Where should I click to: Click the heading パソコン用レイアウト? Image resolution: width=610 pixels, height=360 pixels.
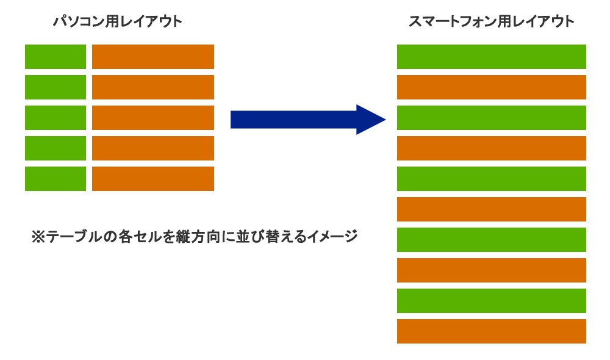(118, 22)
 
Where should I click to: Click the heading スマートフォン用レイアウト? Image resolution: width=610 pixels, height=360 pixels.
(492, 22)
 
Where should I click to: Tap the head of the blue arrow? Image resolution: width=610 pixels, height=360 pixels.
(370, 120)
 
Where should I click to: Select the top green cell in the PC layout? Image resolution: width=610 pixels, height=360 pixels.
(56, 57)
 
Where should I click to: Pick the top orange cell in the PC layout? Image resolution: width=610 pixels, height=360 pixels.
(153, 57)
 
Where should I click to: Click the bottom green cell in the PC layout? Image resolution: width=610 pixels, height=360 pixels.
(56, 179)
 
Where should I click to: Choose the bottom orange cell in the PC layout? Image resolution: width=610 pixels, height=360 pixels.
(153, 179)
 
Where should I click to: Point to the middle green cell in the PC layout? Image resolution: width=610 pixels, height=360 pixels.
(56, 118)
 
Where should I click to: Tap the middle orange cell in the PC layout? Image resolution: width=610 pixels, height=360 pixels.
(153, 118)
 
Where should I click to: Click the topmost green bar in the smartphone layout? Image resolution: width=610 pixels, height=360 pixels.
(492, 57)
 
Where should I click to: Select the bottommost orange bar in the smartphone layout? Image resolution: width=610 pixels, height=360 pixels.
(492, 331)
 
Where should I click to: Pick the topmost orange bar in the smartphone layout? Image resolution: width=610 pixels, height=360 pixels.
(492, 87)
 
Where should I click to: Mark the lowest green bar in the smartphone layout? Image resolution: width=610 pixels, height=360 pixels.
(492, 301)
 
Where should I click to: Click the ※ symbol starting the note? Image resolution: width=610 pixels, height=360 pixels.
(38, 237)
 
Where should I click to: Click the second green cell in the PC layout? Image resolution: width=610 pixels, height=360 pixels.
(56, 87)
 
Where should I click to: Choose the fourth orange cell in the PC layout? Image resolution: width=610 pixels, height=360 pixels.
(153, 148)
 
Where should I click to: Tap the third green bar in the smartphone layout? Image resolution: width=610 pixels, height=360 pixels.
(492, 179)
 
